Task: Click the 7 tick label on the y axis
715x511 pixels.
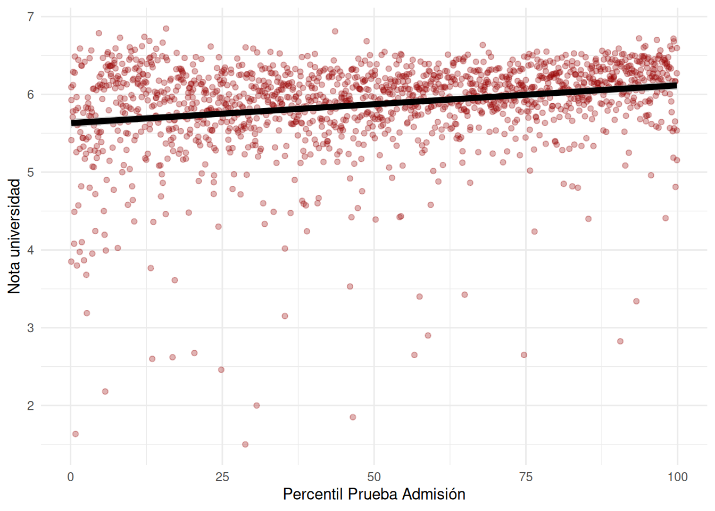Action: (30, 17)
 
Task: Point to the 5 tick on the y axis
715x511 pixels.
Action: (30, 172)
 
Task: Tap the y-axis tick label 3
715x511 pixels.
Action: (30, 328)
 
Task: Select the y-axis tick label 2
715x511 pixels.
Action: (30, 406)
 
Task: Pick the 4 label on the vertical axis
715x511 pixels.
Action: (30, 250)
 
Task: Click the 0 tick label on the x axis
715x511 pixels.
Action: (71, 477)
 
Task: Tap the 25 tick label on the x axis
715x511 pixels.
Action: (222, 477)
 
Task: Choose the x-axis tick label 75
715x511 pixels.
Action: (526, 477)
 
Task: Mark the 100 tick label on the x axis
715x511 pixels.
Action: (677, 477)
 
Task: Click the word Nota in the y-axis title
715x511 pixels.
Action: (14, 275)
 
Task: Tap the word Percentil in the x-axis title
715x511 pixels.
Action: (313, 494)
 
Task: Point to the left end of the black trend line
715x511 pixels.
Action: (72, 123)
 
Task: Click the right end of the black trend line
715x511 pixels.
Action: (676, 85)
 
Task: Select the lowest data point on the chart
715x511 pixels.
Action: (245, 444)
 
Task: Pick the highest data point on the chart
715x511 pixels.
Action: (166, 29)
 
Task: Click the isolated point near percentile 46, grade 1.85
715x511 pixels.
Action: (353, 417)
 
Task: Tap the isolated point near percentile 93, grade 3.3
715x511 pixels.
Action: (636, 301)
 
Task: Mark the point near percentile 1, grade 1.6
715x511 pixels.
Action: (76, 434)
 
